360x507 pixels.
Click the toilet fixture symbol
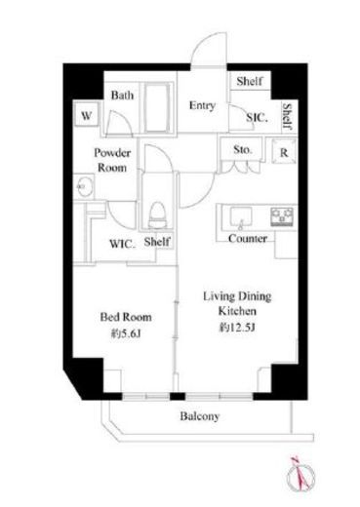(x=158, y=214)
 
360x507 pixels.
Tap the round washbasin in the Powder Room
(x=85, y=187)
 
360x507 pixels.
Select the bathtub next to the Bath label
(x=157, y=108)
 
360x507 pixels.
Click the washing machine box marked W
(x=86, y=115)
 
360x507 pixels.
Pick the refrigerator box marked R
(x=284, y=151)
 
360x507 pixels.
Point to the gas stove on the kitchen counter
(x=282, y=216)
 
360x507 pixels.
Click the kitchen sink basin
(x=241, y=216)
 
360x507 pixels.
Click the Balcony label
(x=200, y=416)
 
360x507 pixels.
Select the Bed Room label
(x=126, y=317)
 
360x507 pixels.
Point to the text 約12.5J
(x=237, y=328)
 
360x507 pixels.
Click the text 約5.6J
(x=126, y=333)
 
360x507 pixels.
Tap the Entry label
(x=202, y=105)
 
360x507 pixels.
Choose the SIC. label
(x=257, y=117)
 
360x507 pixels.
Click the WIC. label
(x=122, y=244)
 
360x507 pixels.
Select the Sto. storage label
(x=243, y=150)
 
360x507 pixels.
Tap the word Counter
(x=248, y=239)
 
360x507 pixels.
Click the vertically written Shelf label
(x=288, y=116)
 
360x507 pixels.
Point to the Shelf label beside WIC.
(x=157, y=242)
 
